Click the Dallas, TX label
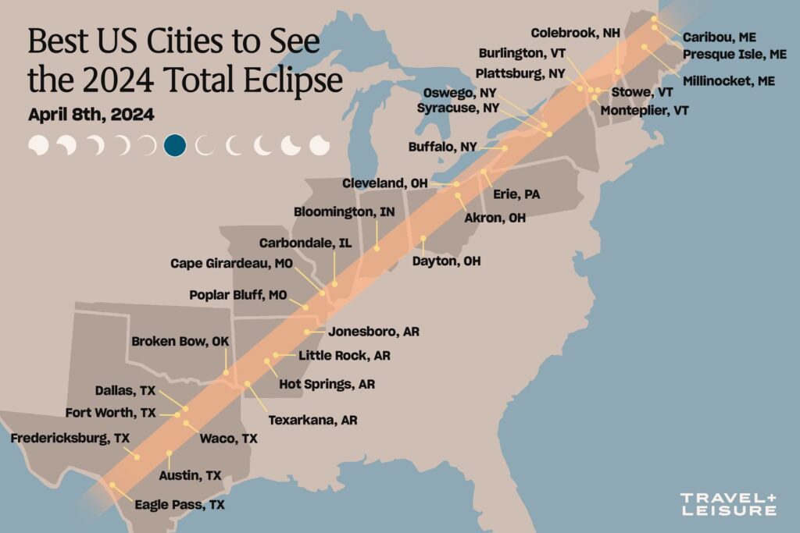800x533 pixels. (125, 390)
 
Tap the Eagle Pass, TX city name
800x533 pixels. (179, 505)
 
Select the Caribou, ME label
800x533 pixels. (719, 37)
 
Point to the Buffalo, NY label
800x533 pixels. (442, 146)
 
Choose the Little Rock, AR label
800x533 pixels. (345, 356)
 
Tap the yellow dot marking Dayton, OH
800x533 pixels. (423, 238)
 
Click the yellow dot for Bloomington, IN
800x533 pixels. (377, 248)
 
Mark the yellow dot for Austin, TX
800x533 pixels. (170, 453)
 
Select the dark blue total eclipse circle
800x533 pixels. (175, 145)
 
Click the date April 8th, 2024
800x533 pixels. (91, 114)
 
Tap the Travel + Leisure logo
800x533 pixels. (727, 503)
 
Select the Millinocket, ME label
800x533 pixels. (728, 80)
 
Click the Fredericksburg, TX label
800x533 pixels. (70, 438)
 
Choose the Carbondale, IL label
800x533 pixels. (305, 243)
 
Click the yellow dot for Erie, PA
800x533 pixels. (484, 171)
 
